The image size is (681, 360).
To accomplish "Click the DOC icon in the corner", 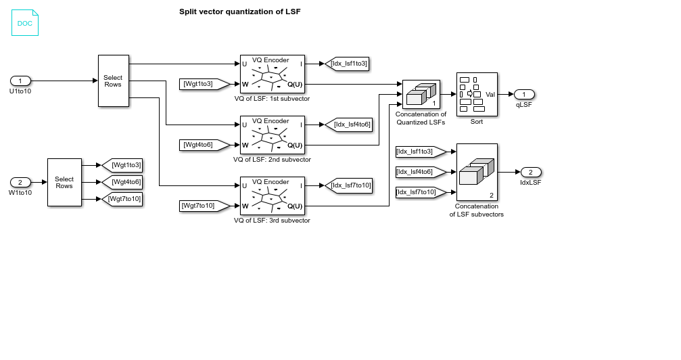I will click(x=25, y=22).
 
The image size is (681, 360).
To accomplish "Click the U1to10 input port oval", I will click(x=20, y=81).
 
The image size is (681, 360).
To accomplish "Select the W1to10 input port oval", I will click(x=20, y=182).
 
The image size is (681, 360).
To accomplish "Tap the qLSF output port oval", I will click(x=524, y=94).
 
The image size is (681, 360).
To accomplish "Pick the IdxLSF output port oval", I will click(x=531, y=172).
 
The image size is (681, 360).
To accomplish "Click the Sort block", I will click(x=477, y=94).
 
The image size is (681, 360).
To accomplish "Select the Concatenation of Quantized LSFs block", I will click(x=421, y=94).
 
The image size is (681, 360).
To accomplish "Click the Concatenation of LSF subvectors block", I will click(x=477, y=172).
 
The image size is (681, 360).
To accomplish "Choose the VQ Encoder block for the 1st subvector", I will click(x=272, y=74).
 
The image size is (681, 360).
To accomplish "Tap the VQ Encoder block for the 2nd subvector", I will click(x=272, y=135).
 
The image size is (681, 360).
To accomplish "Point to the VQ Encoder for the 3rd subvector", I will click(x=272, y=196).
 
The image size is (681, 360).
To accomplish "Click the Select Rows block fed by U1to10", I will click(x=113, y=81).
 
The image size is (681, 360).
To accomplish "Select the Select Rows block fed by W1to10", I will click(x=64, y=182).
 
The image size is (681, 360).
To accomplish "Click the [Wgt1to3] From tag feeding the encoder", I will click(x=198, y=84).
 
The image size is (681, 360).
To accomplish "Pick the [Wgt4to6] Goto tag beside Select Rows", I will click(x=122, y=182).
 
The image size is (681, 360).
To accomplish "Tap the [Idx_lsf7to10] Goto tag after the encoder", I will click(x=349, y=185).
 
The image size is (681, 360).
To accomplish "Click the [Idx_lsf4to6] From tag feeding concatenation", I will click(x=420, y=172).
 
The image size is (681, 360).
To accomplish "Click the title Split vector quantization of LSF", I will click(x=239, y=12).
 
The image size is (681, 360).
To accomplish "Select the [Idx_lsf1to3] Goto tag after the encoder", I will click(x=347, y=64).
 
